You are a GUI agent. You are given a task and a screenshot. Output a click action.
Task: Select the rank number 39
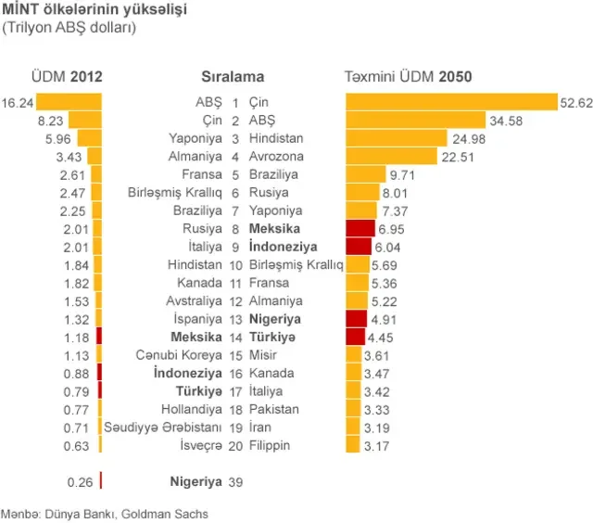[x=235, y=482]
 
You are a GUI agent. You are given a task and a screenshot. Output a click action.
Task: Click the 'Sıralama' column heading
[x=233, y=77]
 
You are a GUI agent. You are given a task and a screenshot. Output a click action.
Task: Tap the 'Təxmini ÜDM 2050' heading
[x=409, y=77]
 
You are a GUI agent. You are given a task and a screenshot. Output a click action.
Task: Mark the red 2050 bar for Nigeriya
[x=356, y=319]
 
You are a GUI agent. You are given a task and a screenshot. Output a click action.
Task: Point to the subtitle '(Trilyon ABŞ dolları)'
[x=69, y=28]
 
